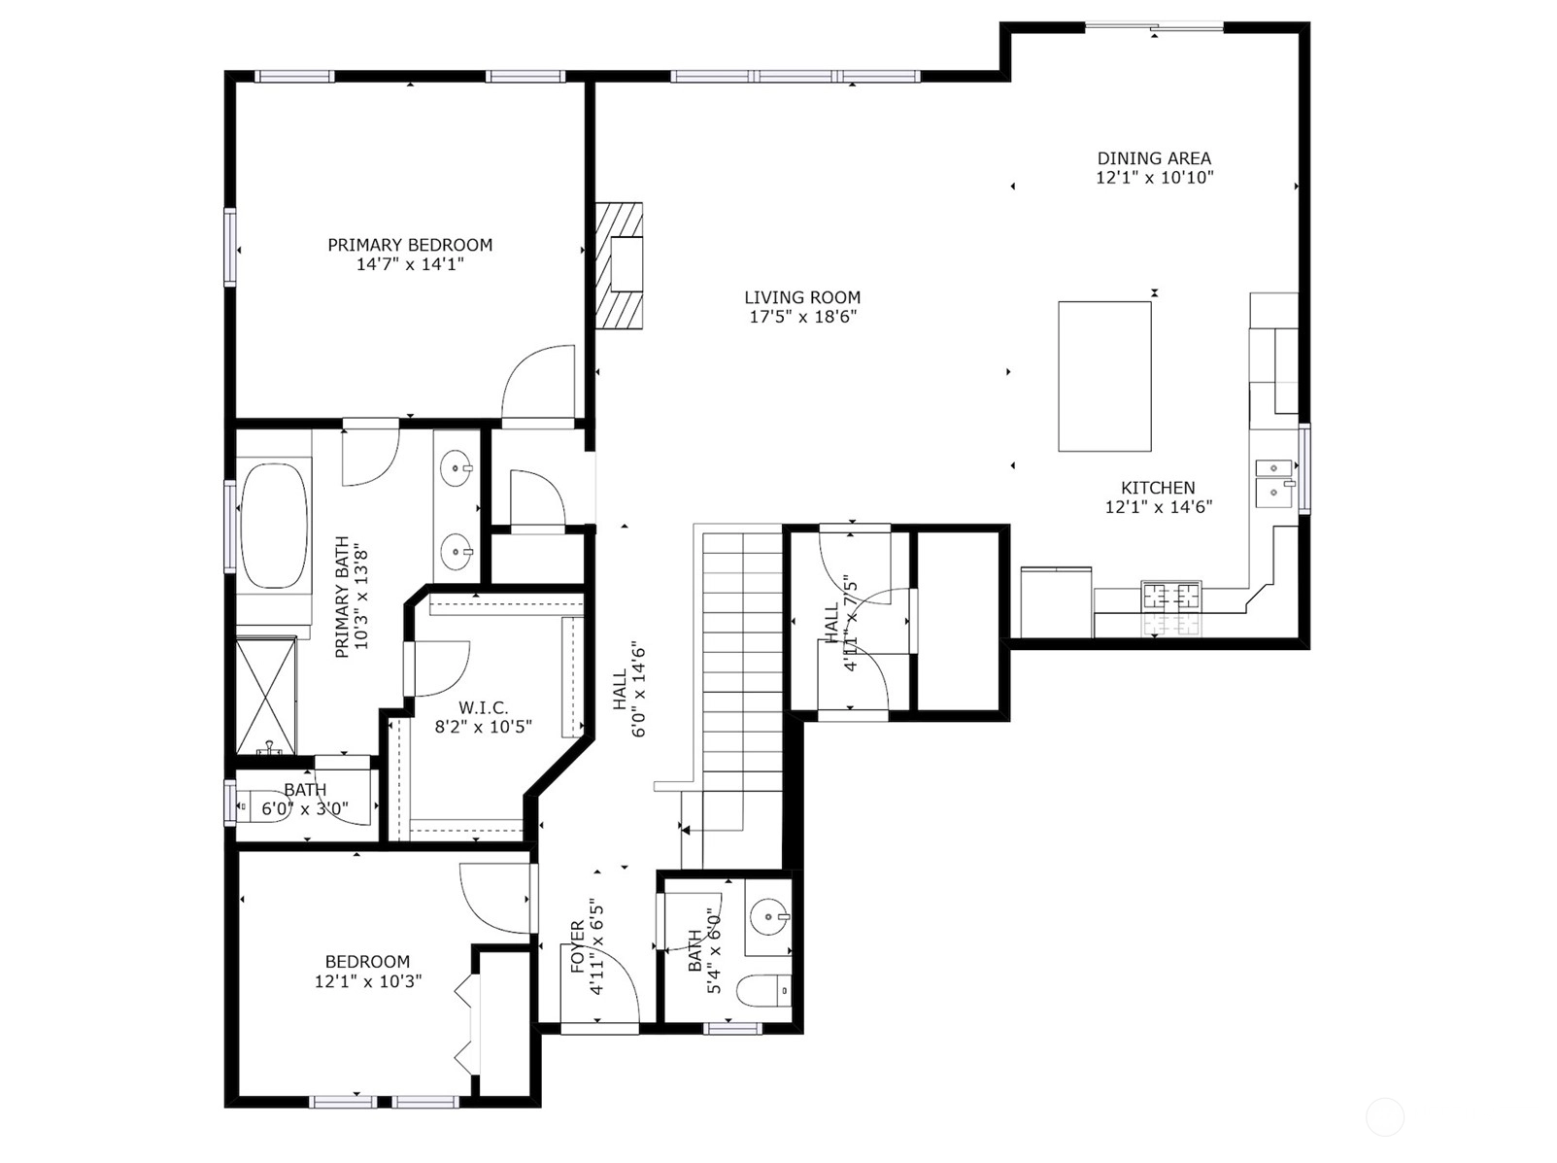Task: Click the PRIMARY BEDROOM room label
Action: click(x=409, y=245)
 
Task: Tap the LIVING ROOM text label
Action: click(x=802, y=297)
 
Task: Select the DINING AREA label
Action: click(x=1154, y=158)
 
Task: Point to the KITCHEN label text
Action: click(x=1158, y=488)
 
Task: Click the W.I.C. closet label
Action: click(x=483, y=707)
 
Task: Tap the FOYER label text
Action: click(x=578, y=946)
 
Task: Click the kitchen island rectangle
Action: click(x=1104, y=376)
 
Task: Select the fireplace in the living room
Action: click(x=619, y=265)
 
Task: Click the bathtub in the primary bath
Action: click(x=275, y=526)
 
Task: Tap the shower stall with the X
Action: click(x=266, y=696)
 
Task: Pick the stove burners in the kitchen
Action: click(x=1171, y=595)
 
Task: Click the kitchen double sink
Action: click(x=1274, y=483)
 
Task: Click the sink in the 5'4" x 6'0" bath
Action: click(x=769, y=915)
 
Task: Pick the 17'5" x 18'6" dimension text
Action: click(x=803, y=317)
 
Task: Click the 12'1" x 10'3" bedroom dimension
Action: click(x=368, y=981)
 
